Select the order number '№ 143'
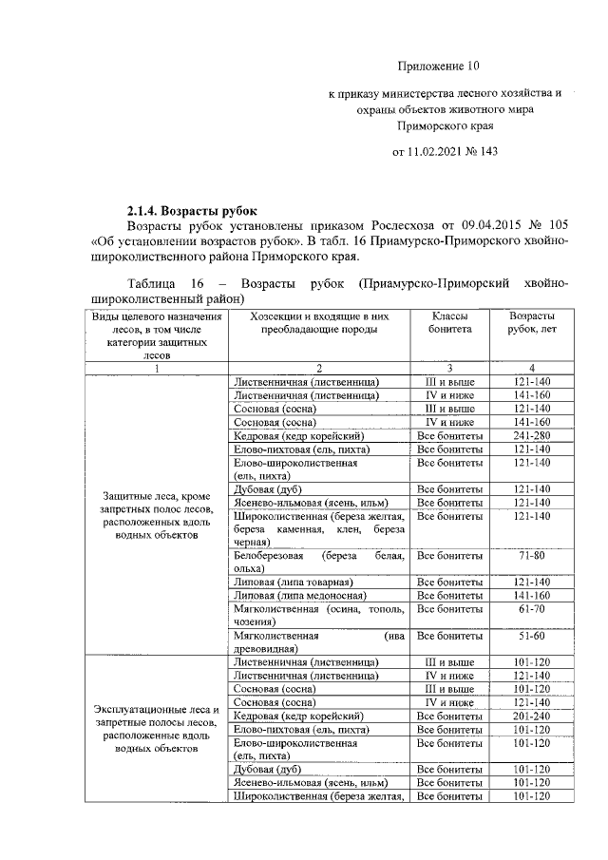[482, 151]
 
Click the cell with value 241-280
[532, 435]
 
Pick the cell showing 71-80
[532, 555]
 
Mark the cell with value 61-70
[532, 608]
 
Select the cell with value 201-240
[532, 716]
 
